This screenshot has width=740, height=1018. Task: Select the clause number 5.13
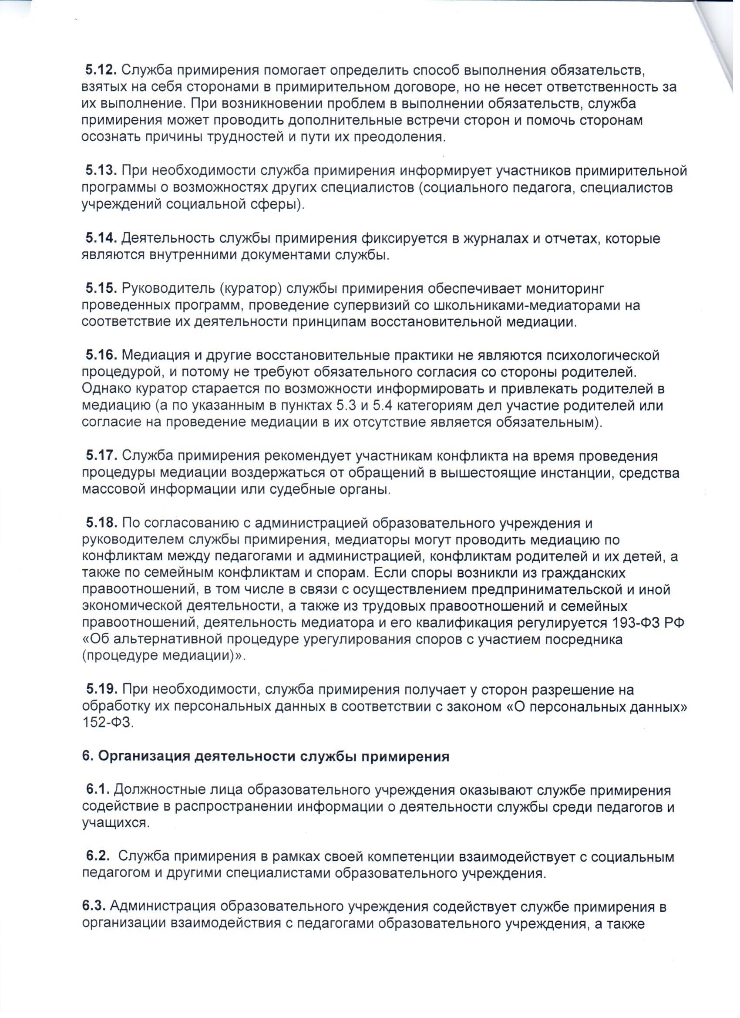coord(101,171)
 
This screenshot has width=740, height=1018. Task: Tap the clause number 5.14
coord(101,238)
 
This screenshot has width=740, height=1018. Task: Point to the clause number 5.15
coord(101,288)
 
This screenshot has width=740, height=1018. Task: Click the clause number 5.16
coord(101,355)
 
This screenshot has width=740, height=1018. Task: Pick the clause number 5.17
coord(101,456)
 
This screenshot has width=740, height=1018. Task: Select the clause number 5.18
coord(101,523)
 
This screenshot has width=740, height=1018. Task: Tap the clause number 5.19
coord(101,690)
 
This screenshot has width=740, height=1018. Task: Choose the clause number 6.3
coord(93,907)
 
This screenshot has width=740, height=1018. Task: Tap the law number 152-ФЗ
coord(108,723)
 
